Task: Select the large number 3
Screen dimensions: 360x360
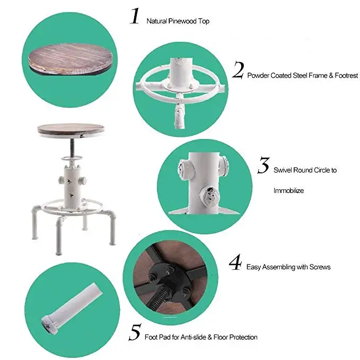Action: [264, 166]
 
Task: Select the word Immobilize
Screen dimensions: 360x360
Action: [288, 190]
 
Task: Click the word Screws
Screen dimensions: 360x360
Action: [319, 267]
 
